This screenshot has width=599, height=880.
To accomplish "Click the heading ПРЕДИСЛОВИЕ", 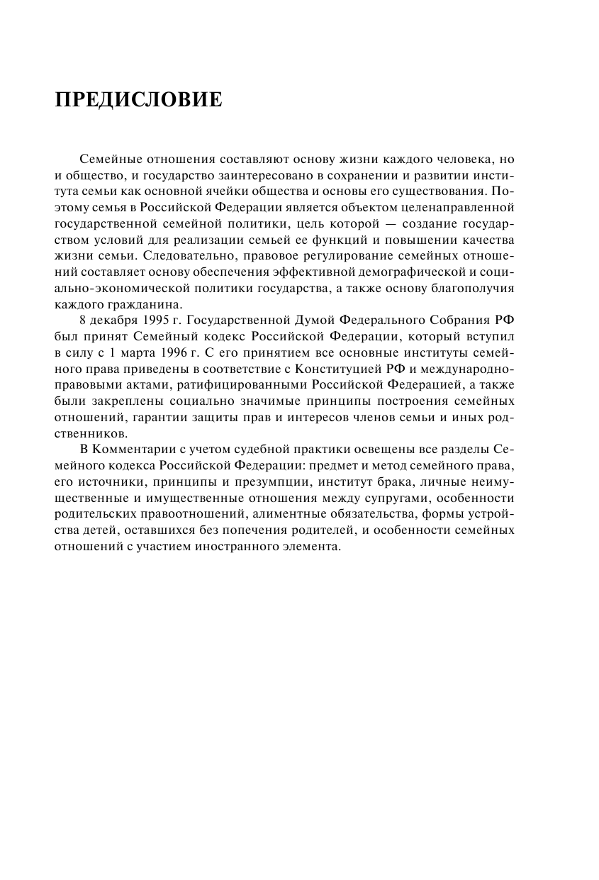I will [x=138, y=100].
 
